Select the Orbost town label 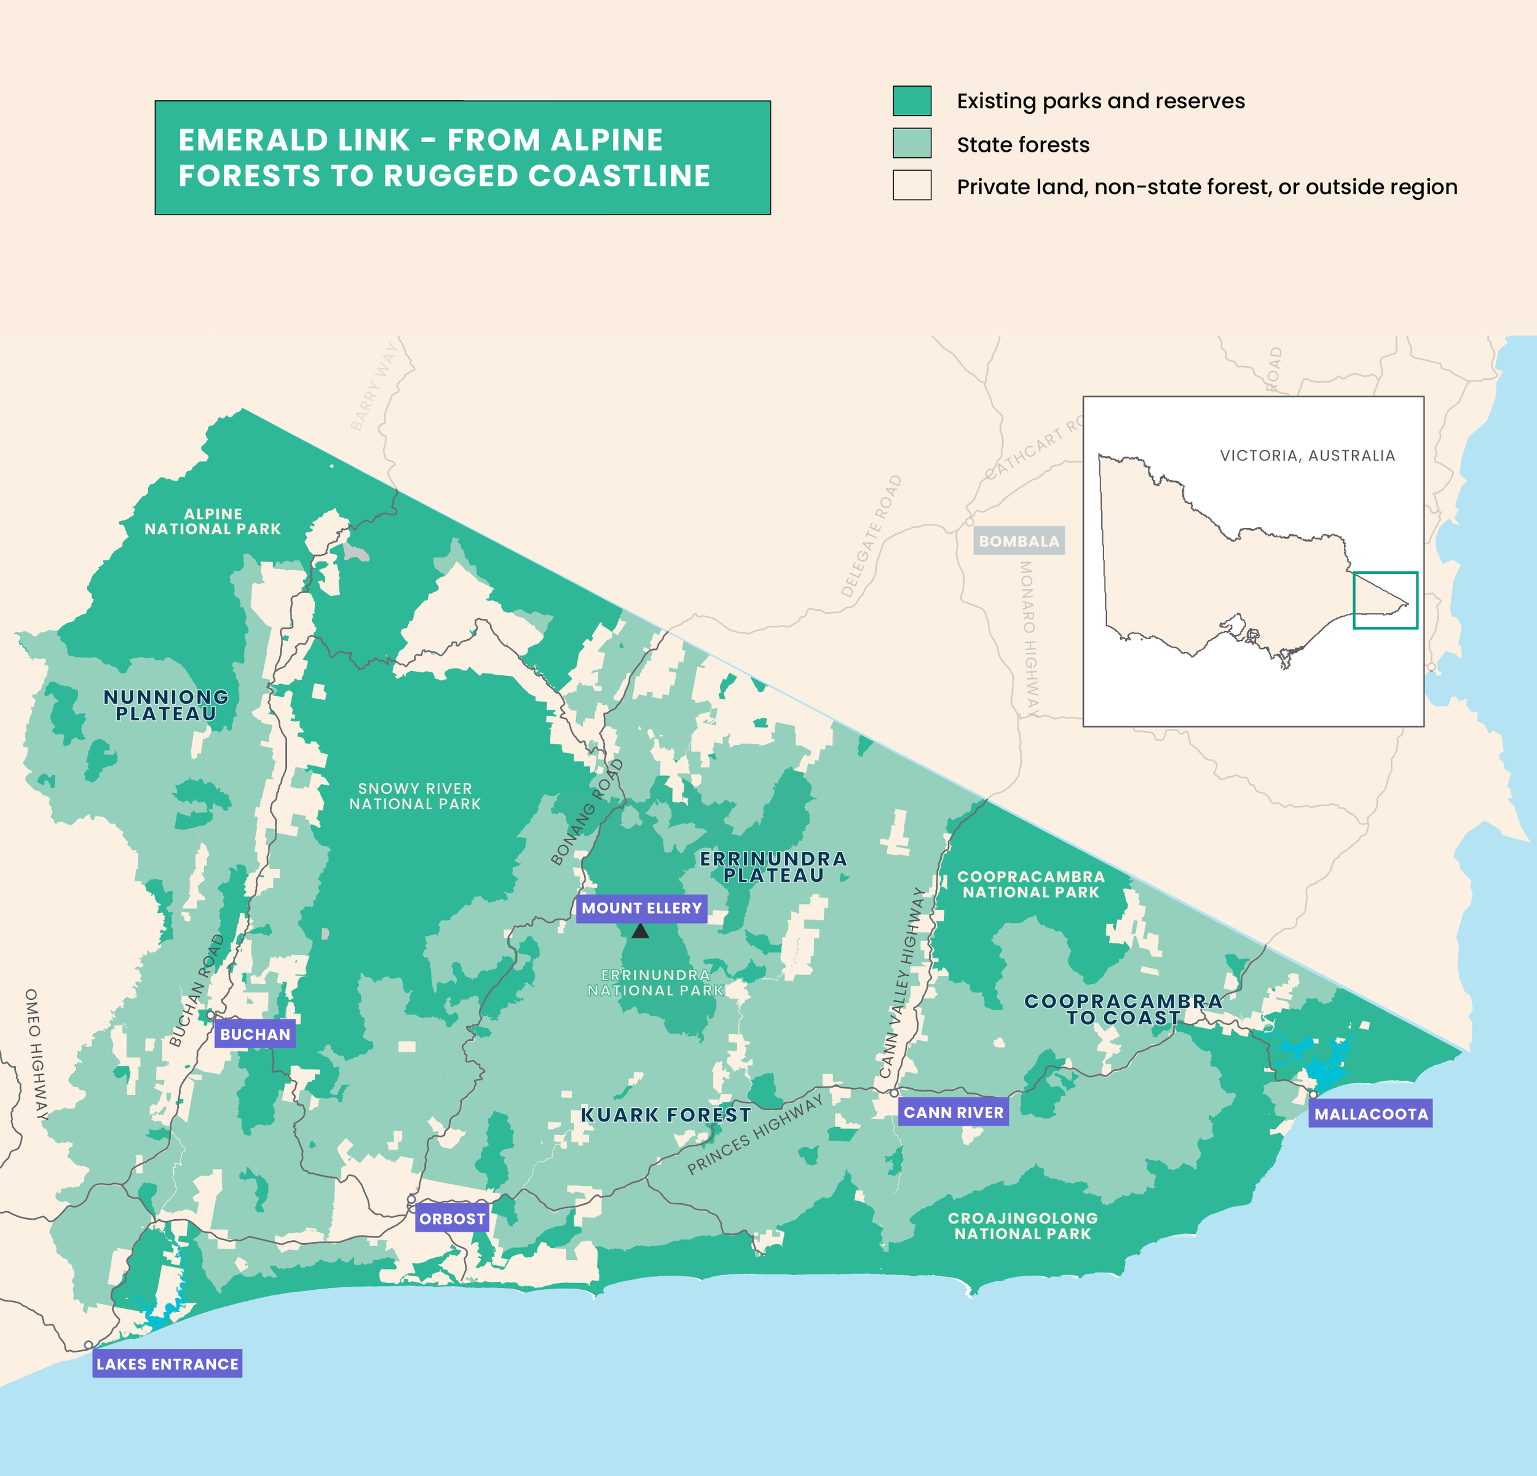[x=452, y=1218]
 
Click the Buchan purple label [x=255, y=1034]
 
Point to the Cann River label [x=953, y=1112]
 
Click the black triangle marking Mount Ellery [x=640, y=931]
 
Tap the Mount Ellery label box [x=641, y=908]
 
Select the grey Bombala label [x=1019, y=541]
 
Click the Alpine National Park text [x=213, y=521]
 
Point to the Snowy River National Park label [x=415, y=796]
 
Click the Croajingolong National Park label [x=1022, y=1225]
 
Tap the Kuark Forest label [x=666, y=1115]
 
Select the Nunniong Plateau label [x=166, y=705]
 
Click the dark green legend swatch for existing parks [x=912, y=101]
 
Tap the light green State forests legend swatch [x=912, y=143]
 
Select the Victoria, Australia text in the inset [x=1307, y=455]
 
